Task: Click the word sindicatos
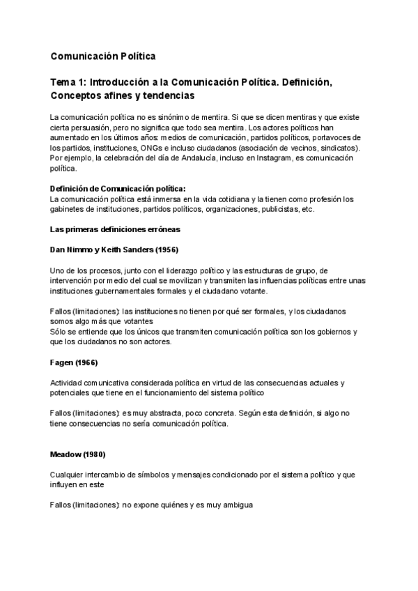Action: (x=337, y=148)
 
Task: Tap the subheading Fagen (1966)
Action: (x=74, y=362)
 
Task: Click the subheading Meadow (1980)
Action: (x=77, y=454)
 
